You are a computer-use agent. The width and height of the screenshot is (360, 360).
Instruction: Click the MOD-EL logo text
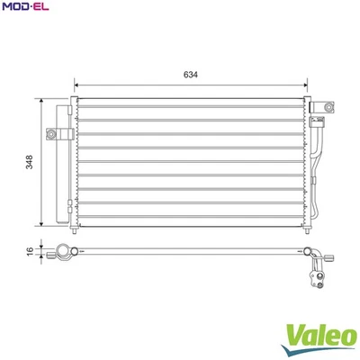point(26,8)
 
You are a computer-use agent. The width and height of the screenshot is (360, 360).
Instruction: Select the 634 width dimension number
point(190,75)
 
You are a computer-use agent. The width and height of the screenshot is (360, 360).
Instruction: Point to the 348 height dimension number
point(30,163)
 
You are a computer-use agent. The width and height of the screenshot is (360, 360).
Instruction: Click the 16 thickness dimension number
point(30,252)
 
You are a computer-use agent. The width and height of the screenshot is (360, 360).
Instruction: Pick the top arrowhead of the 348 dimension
point(41,101)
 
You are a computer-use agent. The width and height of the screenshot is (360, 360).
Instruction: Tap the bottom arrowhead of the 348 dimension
point(41,225)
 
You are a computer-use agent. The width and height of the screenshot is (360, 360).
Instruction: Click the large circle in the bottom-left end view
point(62,252)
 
